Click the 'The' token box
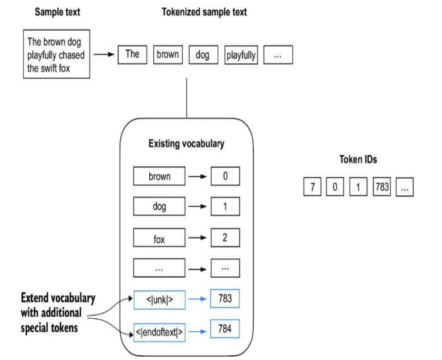coord(132,54)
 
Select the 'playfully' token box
coord(241,55)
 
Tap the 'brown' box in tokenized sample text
coord(168,54)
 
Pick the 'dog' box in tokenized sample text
coord(203,54)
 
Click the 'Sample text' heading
coord(58,12)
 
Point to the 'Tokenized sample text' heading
coord(204,12)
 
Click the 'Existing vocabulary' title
coord(186,144)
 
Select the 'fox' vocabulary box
coord(159,238)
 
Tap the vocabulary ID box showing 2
coord(225,238)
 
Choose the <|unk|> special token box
coord(160,300)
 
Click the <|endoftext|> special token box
coord(160,332)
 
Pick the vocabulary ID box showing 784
coord(225,329)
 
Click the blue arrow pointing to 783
coord(197,299)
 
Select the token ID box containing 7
coord(312,186)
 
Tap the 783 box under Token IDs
coord(382,186)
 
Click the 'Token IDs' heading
coord(358,159)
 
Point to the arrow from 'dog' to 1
coord(197,206)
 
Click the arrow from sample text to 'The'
coord(104,54)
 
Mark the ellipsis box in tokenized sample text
coord(278,55)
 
